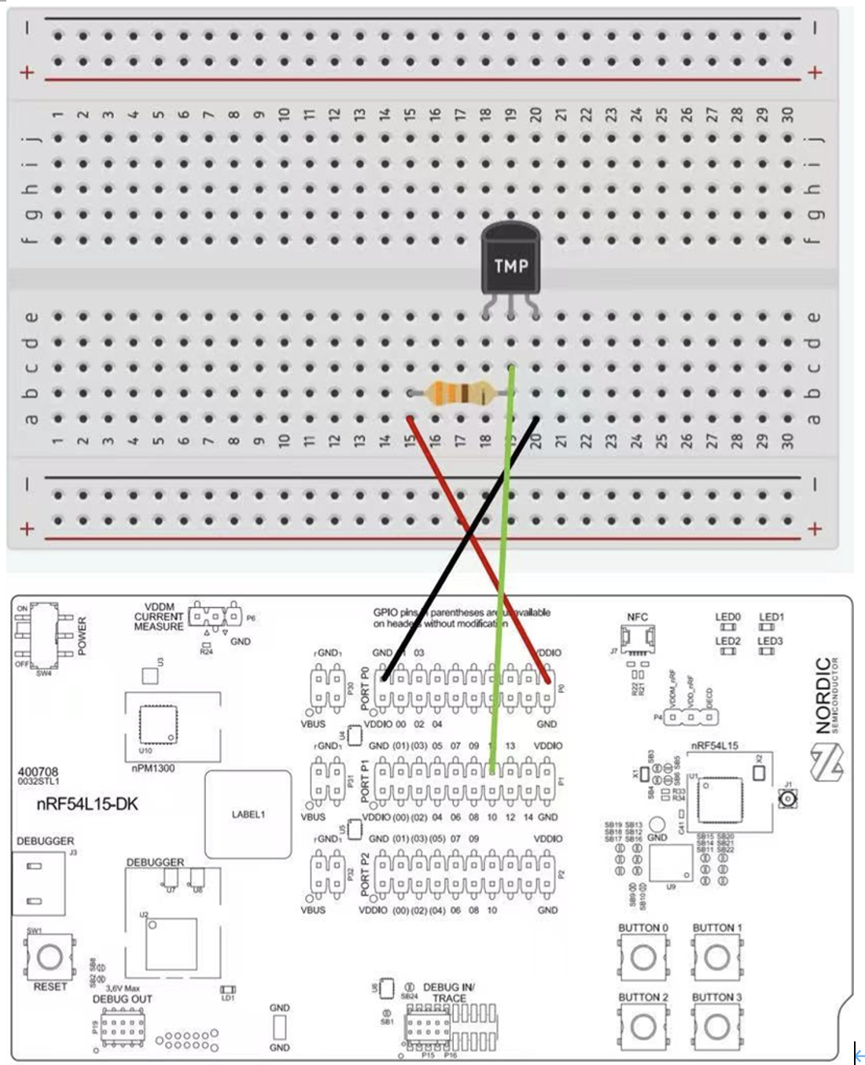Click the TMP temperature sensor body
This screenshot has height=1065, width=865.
[x=510, y=263]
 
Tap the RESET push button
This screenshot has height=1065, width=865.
[x=50, y=956]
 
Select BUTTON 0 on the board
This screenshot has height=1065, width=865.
[x=643, y=957]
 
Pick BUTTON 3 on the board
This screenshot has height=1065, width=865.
[x=716, y=1026]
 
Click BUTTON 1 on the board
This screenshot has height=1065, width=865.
[x=716, y=957]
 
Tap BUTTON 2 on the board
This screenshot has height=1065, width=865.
[x=643, y=1026]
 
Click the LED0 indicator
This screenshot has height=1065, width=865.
[x=728, y=627]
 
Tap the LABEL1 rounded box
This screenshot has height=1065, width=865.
[x=248, y=814]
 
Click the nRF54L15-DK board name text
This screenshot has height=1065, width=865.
[x=86, y=805]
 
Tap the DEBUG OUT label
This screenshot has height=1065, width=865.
[x=122, y=1000]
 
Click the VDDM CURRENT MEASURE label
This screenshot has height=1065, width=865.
[x=158, y=617]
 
